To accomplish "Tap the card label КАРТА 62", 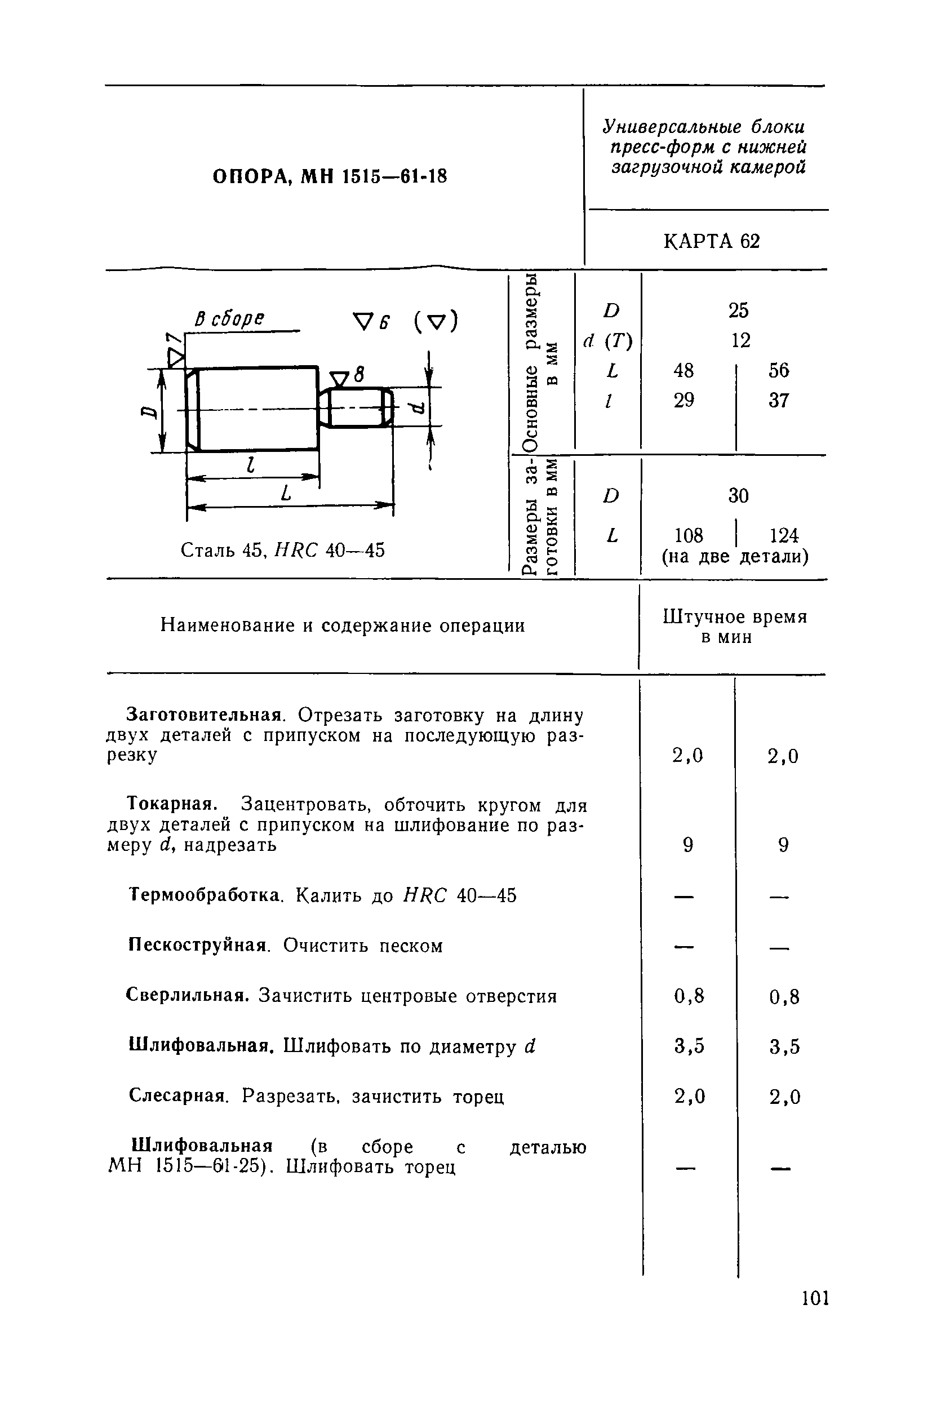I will pos(712,241).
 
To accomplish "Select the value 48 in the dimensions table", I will pos(684,370).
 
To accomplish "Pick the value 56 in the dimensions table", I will pos(779,370).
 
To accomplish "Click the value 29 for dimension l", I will pos(684,400).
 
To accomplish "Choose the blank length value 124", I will pos(784,535).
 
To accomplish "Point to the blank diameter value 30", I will pos(738,495).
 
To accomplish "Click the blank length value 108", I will pos(689,535).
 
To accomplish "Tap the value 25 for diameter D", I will pos(738,310).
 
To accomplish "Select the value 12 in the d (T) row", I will pos(740,340).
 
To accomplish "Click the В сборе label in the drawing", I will pos(229,319).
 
